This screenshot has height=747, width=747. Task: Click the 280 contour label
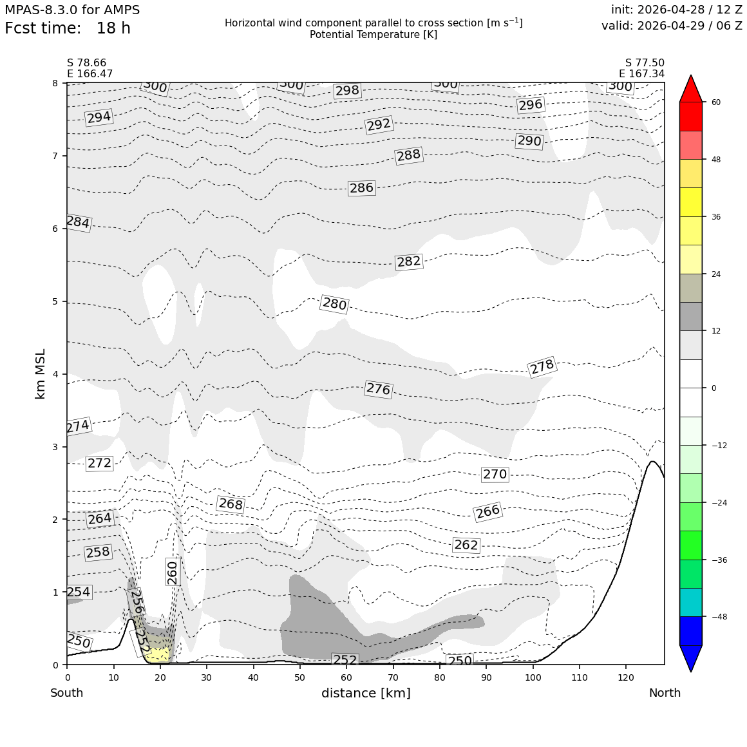pos(334,303)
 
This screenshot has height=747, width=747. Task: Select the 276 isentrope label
pos(378,389)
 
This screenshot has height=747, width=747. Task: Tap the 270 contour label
pos(495,474)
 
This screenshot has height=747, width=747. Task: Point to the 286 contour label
pos(362,187)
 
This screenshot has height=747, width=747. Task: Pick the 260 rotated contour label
pos(173,572)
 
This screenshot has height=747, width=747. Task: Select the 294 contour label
pos(99,117)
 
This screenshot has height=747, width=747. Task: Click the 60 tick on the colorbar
pos(716,102)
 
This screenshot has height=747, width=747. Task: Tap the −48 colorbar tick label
pos(719,616)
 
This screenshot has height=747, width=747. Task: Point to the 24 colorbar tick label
pos(716,274)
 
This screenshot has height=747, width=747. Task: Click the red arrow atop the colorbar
pos(691,88)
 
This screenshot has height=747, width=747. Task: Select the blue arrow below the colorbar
pos(691,658)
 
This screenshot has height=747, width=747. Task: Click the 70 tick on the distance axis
pos(393,677)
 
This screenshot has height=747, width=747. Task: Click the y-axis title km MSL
pos(41,374)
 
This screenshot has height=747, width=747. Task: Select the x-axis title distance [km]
pos(366,693)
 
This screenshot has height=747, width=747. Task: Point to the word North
pos(665,693)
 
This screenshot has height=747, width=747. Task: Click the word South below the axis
pos(67,693)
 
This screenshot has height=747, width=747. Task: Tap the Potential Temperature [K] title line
pos(373,34)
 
